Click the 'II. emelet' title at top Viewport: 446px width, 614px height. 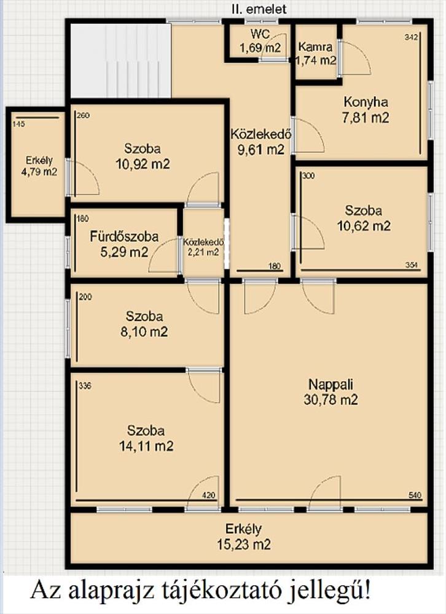coord(259,9)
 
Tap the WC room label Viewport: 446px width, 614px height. coord(260,41)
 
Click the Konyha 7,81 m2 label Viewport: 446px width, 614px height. coord(366,110)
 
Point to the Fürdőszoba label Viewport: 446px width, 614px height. coord(124,244)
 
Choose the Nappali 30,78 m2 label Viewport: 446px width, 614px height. coord(331,392)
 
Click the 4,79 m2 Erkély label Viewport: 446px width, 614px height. coord(39,166)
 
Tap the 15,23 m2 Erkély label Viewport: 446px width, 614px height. coord(243,537)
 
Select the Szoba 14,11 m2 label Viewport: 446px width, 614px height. coord(146,438)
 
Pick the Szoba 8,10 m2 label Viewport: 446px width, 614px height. coord(144,324)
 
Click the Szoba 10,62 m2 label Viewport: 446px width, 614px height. coord(364,218)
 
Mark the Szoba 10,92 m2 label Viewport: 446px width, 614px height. coord(143,156)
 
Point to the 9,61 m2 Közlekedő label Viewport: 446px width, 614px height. coord(260,141)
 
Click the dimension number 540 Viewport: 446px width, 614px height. coord(415,495)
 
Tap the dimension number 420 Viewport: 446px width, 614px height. coord(209,495)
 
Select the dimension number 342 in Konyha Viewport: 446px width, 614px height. coord(412,37)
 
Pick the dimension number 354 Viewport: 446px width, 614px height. coord(412,265)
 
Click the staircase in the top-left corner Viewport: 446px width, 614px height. coord(121,61)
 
